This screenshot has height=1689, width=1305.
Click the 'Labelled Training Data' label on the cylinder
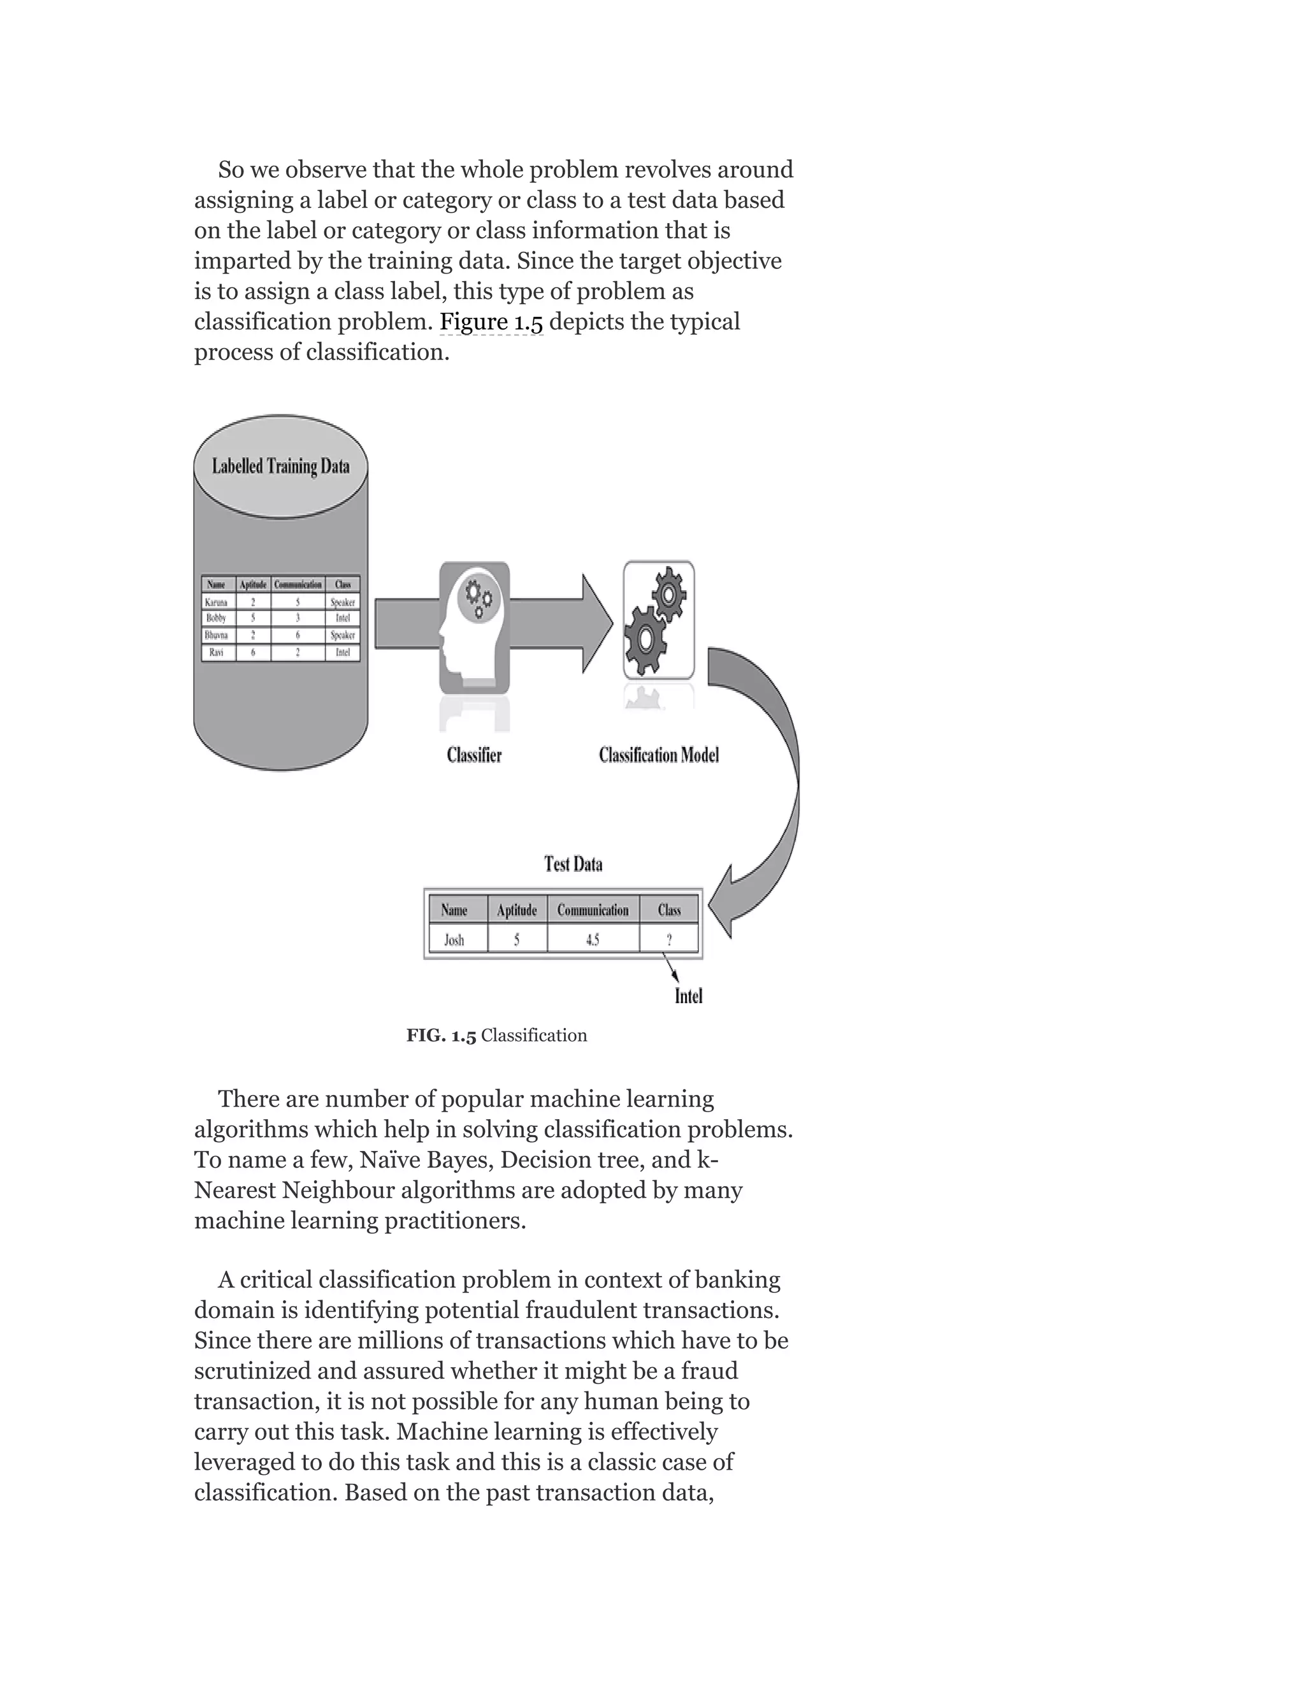[x=280, y=467]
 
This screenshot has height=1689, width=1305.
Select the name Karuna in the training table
[x=217, y=602]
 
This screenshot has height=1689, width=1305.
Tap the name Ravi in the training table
[x=217, y=653]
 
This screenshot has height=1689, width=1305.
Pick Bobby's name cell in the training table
[x=217, y=618]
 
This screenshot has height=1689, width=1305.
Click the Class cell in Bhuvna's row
[x=342, y=635]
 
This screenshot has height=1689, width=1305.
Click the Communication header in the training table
[x=298, y=584]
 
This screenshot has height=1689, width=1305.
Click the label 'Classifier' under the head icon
[x=474, y=755]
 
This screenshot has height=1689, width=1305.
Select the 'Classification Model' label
[x=659, y=755]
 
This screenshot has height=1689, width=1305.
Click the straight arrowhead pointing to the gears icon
[x=595, y=623]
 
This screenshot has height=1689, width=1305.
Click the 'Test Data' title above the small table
[x=573, y=864]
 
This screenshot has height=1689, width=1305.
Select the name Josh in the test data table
[x=454, y=939]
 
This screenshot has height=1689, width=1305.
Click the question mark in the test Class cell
[x=668, y=939]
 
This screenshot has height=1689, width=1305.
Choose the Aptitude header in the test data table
[x=516, y=910]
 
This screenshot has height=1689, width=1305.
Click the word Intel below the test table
[x=688, y=996]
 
